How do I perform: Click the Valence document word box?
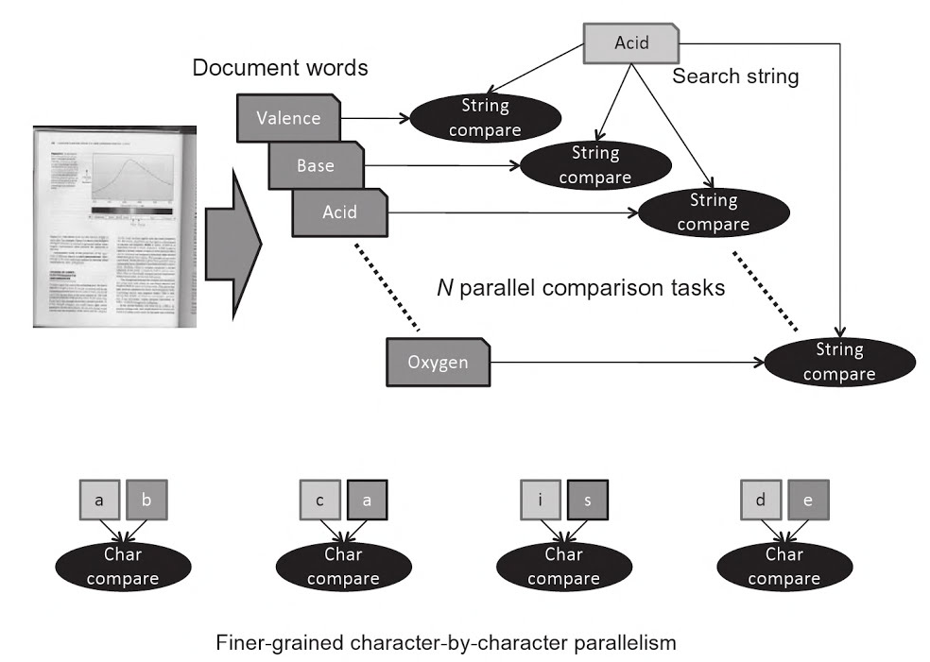coord(288,119)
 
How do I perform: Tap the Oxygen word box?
coord(439,363)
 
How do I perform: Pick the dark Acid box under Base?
coord(340,212)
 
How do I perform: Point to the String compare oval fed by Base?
coord(595,164)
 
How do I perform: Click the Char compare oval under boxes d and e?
coord(784,567)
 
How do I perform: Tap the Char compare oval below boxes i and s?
coord(563,567)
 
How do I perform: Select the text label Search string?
coord(734,76)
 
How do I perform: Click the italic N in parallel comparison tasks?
coord(442,289)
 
